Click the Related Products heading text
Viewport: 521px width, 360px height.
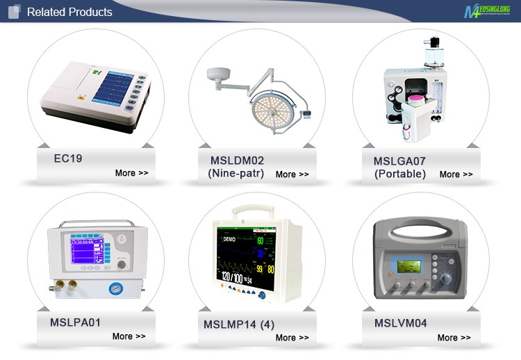tap(69, 12)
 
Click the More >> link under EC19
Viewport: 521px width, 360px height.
tap(131, 173)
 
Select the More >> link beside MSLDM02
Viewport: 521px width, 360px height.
tap(292, 174)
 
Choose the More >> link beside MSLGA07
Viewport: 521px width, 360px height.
tap(456, 174)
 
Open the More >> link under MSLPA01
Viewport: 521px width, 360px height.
tap(129, 336)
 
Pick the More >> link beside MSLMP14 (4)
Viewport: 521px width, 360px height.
tap(292, 338)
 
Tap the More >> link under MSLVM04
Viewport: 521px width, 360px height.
tap(454, 338)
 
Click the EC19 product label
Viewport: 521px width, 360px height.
tap(68, 158)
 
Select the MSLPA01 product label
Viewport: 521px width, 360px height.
tap(75, 322)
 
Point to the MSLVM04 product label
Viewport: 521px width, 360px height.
tap(401, 323)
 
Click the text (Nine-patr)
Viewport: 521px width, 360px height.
tap(236, 174)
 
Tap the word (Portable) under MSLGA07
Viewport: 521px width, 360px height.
tap(399, 174)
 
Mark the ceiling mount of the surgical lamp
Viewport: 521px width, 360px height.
tap(216, 72)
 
